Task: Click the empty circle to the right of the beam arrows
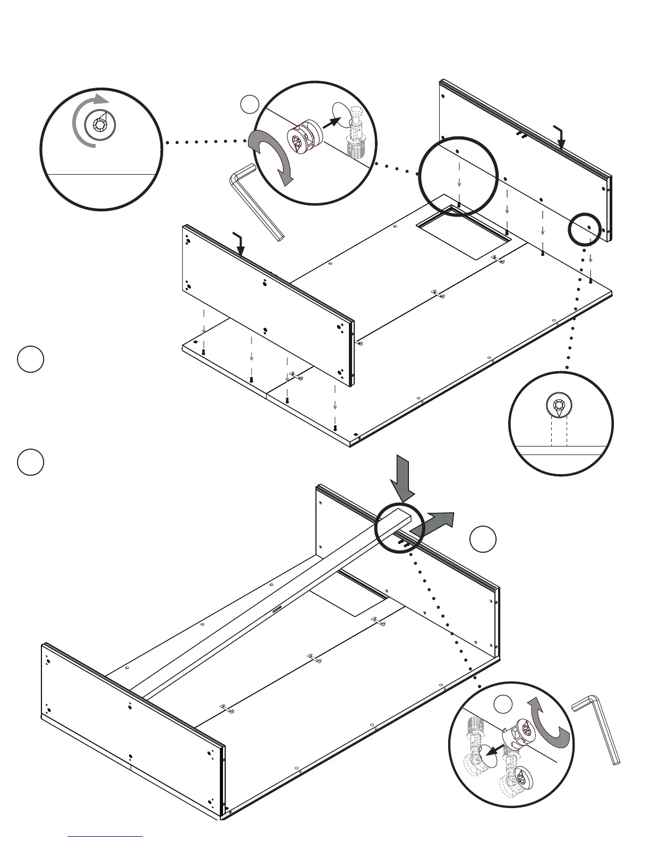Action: point(483,539)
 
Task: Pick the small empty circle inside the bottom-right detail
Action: point(503,704)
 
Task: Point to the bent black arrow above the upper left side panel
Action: point(240,244)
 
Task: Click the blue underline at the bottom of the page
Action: point(105,836)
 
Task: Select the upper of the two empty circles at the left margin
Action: point(30,359)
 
